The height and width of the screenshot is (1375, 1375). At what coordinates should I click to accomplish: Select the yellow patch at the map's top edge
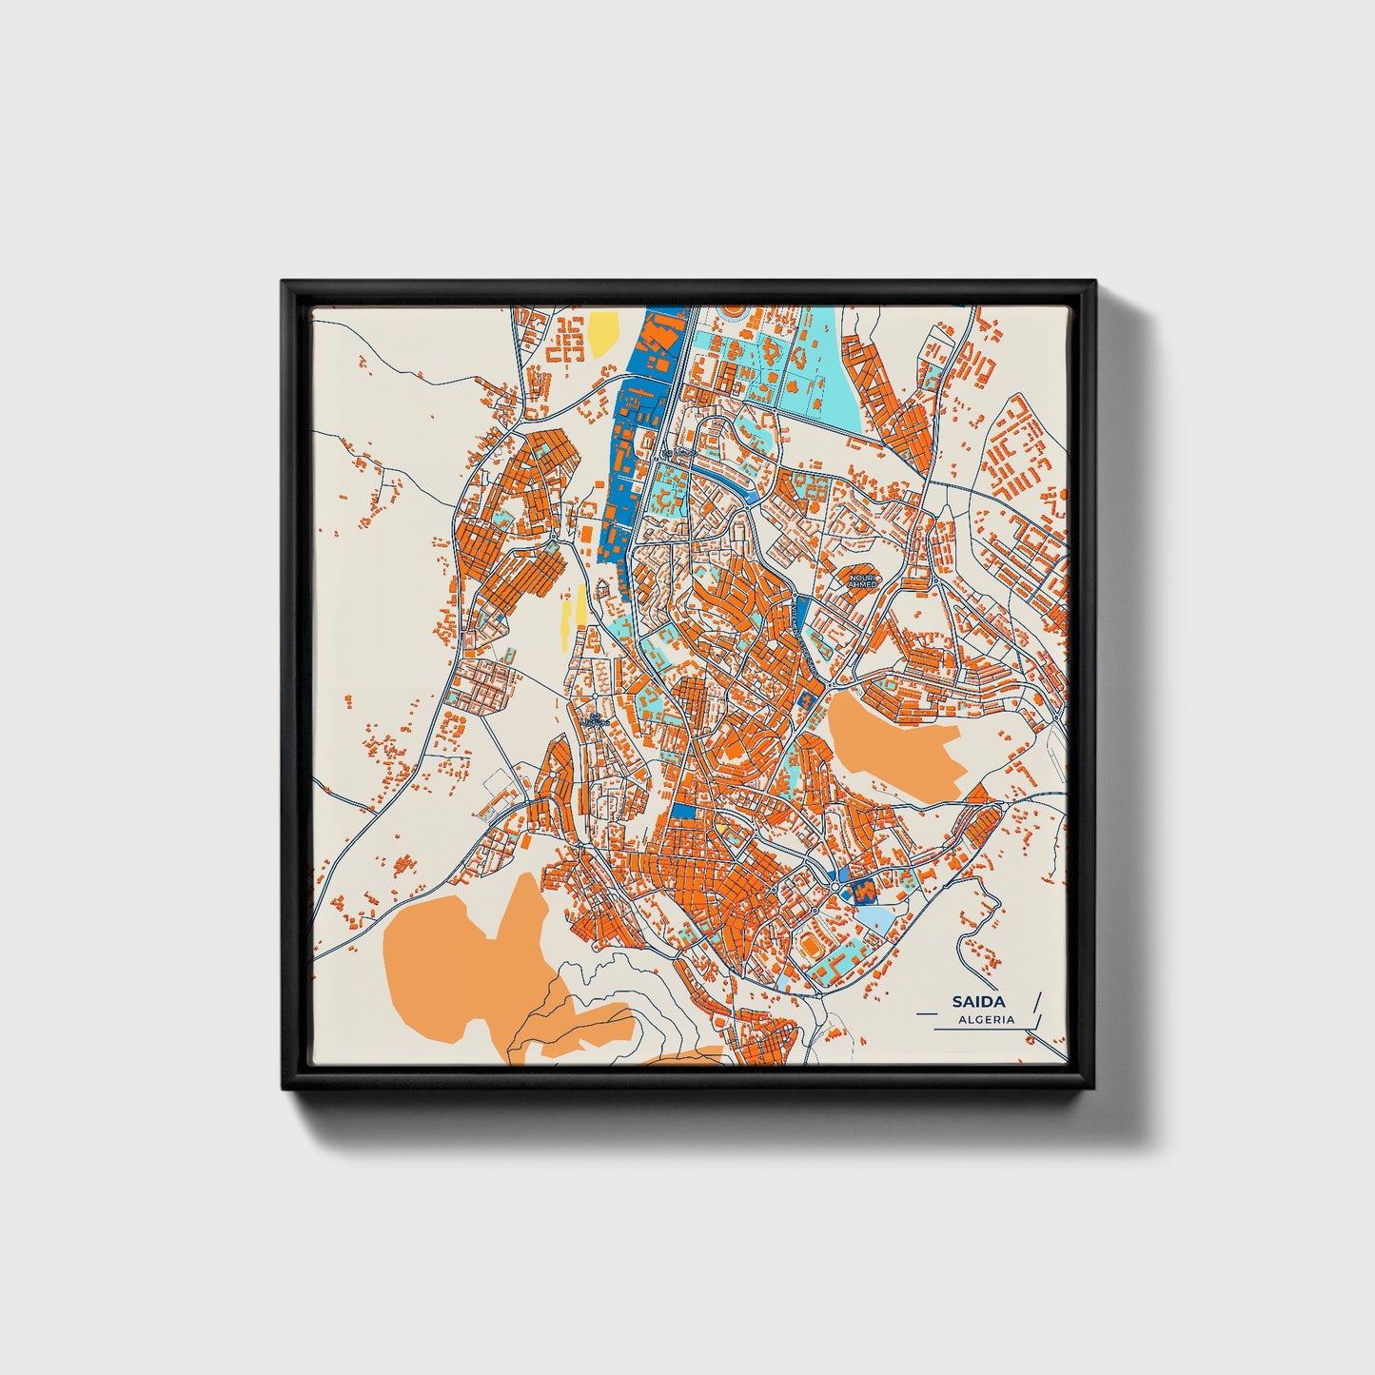pyautogui.click(x=602, y=333)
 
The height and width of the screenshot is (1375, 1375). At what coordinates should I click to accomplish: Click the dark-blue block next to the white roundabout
pyautogui.click(x=864, y=891)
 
